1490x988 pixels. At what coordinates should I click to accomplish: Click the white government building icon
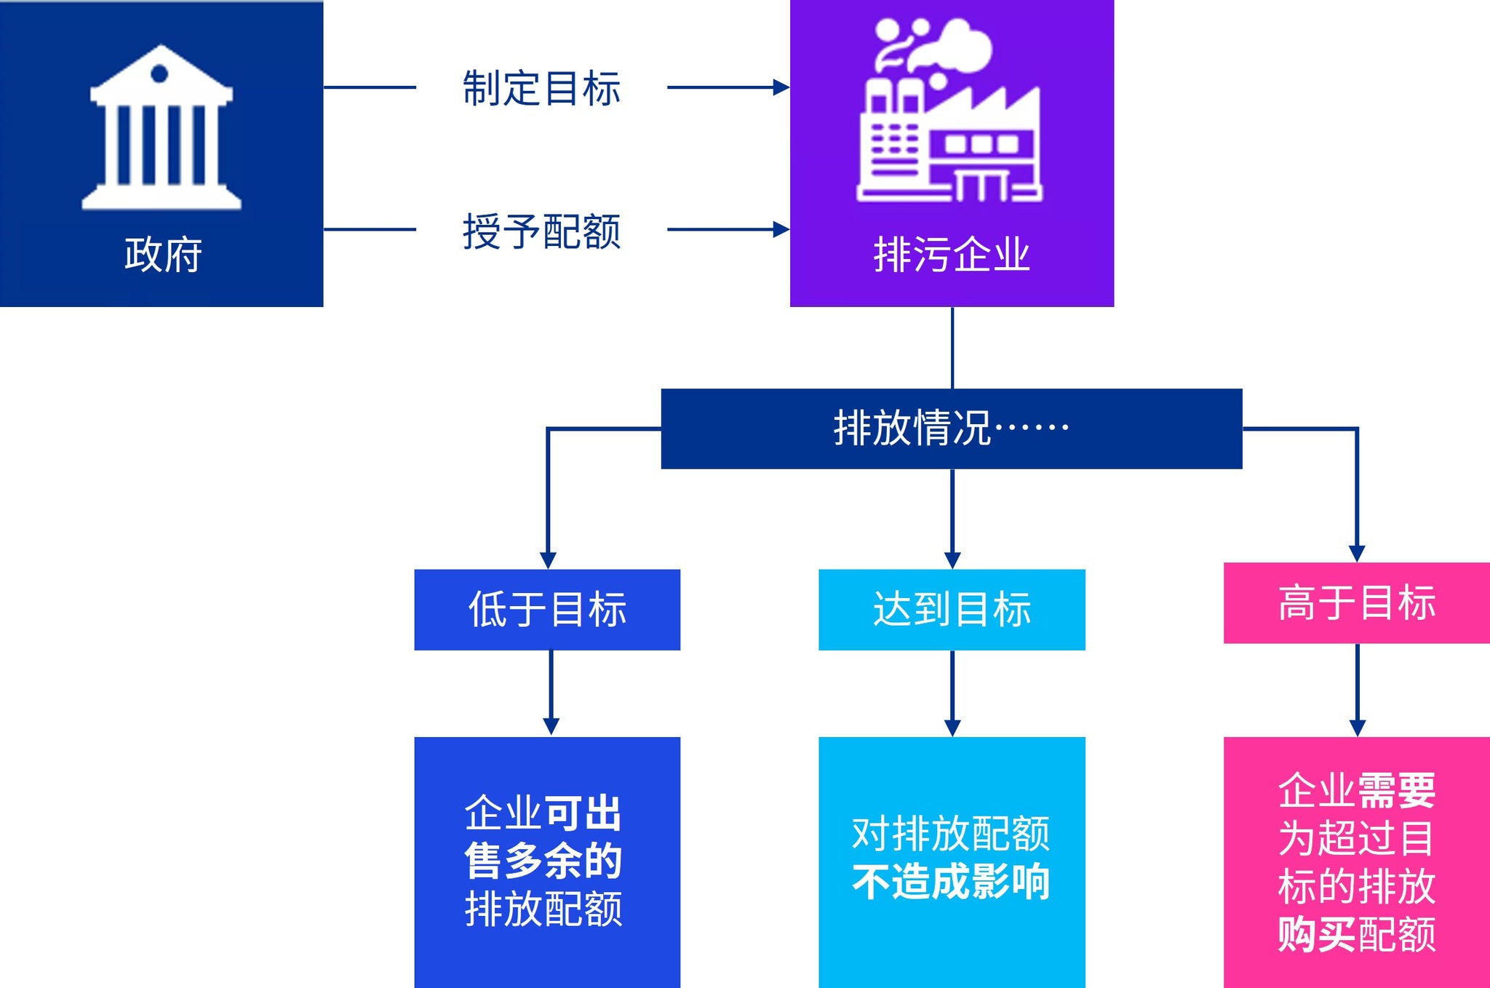click(x=161, y=129)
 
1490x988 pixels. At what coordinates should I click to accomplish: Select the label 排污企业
click(x=952, y=255)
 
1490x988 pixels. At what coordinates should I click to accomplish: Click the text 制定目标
click(x=542, y=88)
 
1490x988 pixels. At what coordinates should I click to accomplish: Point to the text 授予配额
click(x=542, y=231)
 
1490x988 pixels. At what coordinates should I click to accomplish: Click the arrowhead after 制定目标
click(x=781, y=87)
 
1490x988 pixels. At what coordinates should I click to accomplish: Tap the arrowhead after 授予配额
click(x=781, y=230)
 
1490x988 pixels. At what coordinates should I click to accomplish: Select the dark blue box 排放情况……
click(x=951, y=429)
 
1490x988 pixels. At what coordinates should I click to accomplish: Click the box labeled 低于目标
click(x=547, y=610)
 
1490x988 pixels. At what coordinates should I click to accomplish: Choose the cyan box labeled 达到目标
click(x=952, y=610)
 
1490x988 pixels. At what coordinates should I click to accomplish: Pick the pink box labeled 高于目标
click(x=1356, y=603)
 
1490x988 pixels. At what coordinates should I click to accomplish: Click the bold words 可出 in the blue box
click(x=583, y=813)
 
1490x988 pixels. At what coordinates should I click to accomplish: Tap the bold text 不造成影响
click(x=951, y=882)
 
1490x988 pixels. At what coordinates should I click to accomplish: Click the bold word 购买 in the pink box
click(x=1317, y=934)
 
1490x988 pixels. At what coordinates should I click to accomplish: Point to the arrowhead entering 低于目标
click(x=548, y=559)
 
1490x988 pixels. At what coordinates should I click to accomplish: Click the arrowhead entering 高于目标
click(x=1357, y=553)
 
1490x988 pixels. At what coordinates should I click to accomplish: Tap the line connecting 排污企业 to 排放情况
click(x=952, y=348)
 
